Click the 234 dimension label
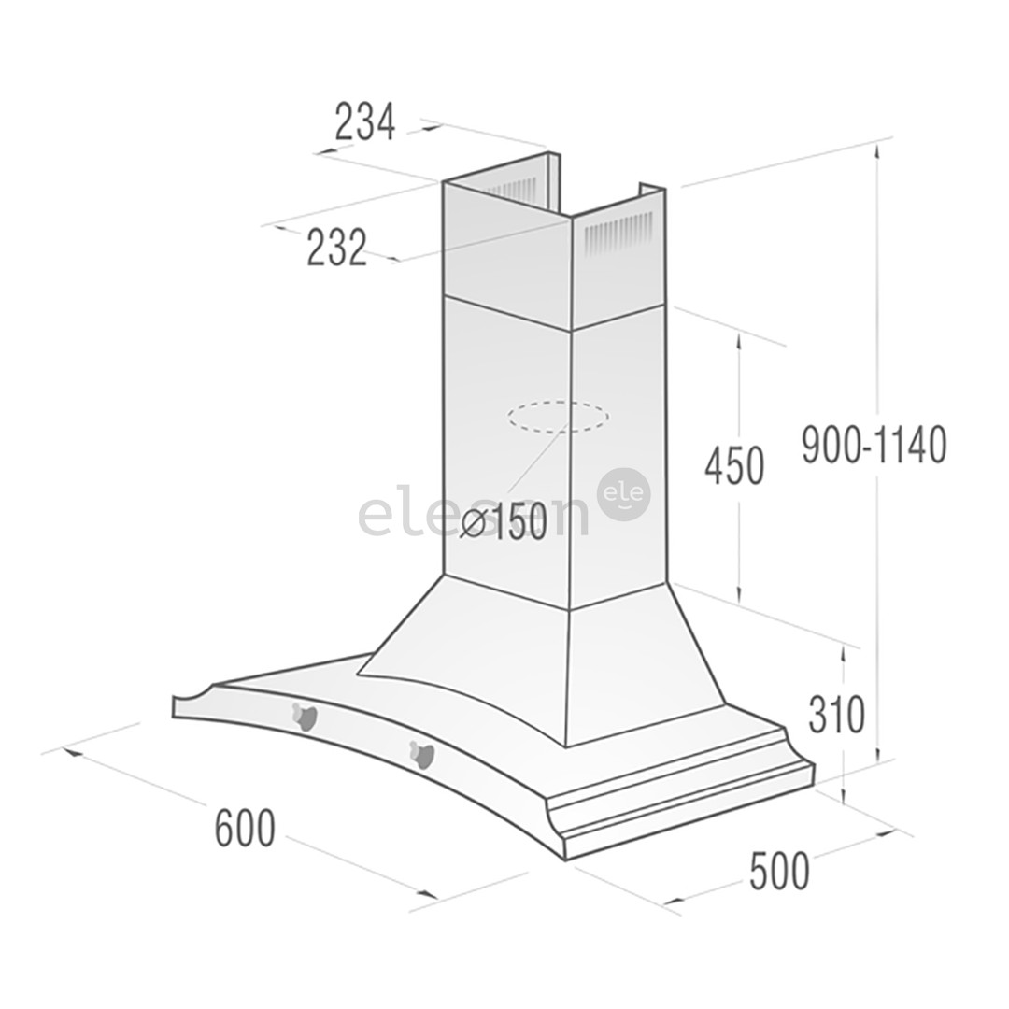click(365, 122)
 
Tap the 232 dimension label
click(337, 248)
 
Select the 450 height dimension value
click(734, 466)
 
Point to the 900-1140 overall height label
click(874, 445)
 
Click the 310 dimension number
click(837, 715)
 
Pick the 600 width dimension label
click(245, 828)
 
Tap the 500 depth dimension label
click(779, 872)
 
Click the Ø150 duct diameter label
click(504, 524)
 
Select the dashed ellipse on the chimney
click(558, 417)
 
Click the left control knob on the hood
click(305, 717)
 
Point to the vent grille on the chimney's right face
click(618, 234)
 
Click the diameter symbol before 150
click(474, 525)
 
